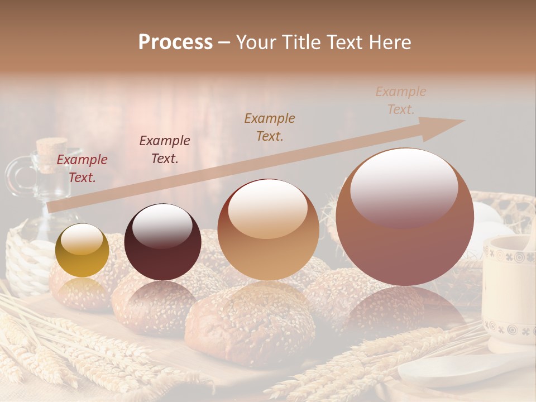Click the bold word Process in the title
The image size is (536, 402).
[175, 42]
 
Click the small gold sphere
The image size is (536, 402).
[82, 251]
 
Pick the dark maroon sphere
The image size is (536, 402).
[162, 242]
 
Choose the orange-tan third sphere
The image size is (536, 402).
[268, 230]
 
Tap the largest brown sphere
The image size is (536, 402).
[405, 217]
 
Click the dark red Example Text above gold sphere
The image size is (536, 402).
[82, 168]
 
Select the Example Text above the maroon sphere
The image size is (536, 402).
[165, 149]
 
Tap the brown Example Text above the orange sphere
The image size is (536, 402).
[270, 127]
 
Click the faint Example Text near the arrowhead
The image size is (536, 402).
[401, 100]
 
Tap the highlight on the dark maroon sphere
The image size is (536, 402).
[162, 226]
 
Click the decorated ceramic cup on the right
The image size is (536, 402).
[508, 290]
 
